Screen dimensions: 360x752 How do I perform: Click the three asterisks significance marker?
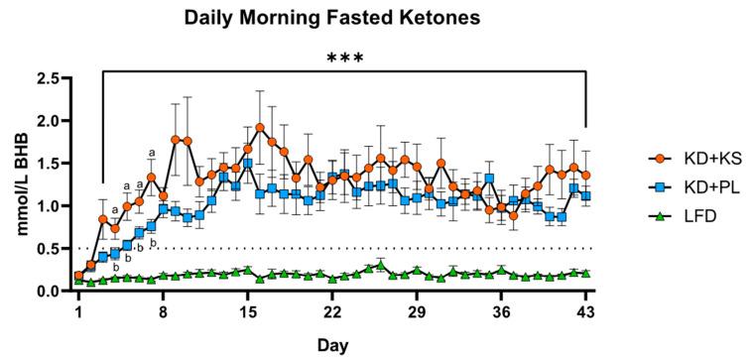[345, 59]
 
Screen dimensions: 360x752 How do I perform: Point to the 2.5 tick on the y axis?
[46, 78]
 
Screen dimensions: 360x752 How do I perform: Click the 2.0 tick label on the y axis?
[46, 121]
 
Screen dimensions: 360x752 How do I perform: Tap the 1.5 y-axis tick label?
[46, 164]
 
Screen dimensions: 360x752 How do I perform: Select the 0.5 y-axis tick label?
[46, 249]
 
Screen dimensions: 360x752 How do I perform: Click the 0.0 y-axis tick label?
[46, 292]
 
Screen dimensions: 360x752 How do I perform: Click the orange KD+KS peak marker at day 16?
[260, 128]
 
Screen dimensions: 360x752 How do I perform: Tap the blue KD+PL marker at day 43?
[586, 196]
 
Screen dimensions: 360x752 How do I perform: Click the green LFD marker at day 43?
[586, 273]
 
